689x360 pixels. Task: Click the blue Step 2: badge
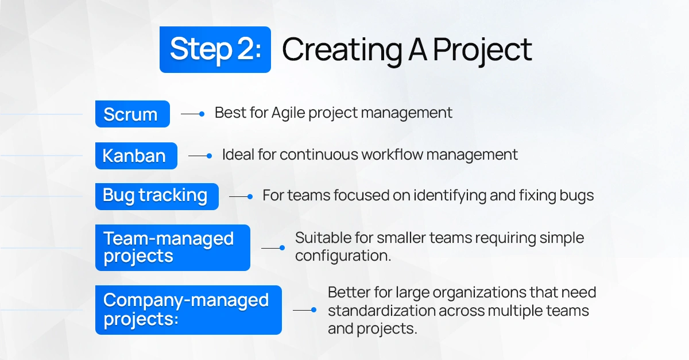coord(215,49)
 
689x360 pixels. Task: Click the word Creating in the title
coord(342,50)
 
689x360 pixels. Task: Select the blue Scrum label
coord(133,114)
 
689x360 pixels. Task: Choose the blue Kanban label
coord(136,156)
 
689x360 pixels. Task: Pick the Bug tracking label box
coord(157,196)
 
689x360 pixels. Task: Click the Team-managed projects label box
coord(173,247)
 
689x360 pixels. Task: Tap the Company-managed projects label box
coord(188,310)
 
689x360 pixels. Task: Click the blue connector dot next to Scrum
coord(202,114)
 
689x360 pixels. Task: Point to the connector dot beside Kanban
coord(209,156)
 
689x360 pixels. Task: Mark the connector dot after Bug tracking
coord(250,196)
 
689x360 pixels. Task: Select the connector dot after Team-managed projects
coord(282,247)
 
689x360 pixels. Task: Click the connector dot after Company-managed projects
coord(313,310)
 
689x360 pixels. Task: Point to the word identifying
coord(450,196)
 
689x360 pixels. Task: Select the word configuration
coord(343,256)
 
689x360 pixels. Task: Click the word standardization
coord(381,311)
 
